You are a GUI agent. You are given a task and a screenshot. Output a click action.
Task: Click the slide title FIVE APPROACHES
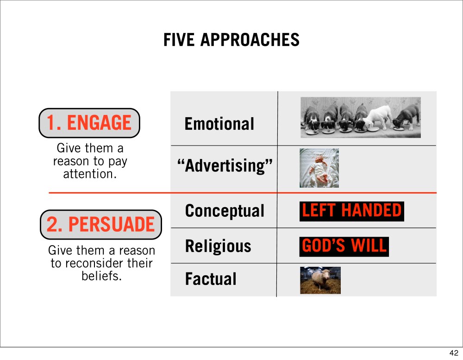pyautogui.click(x=231, y=40)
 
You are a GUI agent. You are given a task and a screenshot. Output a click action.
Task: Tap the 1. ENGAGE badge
pyautogui.click(x=89, y=123)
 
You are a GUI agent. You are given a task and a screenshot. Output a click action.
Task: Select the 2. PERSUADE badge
pyautogui.click(x=100, y=225)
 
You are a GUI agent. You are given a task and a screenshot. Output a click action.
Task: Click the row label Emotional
pyautogui.click(x=219, y=124)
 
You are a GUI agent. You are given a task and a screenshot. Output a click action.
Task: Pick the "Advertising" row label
pyautogui.click(x=225, y=165)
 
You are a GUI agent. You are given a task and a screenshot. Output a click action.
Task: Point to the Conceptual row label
pyautogui.click(x=225, y=211)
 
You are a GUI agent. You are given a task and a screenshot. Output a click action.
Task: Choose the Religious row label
pyautogui.click(x=218, y=246)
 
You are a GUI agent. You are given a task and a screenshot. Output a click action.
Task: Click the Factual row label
pyautogui.click(x=211, y=279)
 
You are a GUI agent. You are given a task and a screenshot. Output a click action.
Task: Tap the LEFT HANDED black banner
pyautogui.click(x=352, y=211)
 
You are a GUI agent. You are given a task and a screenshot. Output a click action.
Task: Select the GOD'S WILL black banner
pyautogui.click(x=344, y=246)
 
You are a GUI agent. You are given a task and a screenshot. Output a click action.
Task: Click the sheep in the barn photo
pyautogui.click(x=320, y=279)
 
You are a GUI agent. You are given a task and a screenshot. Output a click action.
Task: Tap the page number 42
pyautogui.click(x=454, y=353)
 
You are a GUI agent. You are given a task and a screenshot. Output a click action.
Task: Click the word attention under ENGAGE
pyautogui.click(x=90, y=174)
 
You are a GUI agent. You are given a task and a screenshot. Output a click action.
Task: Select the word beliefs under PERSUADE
pyautogui.click(x=101, y=276)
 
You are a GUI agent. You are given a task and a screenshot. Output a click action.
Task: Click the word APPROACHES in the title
pyautogui.click(x=250, y=40)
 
